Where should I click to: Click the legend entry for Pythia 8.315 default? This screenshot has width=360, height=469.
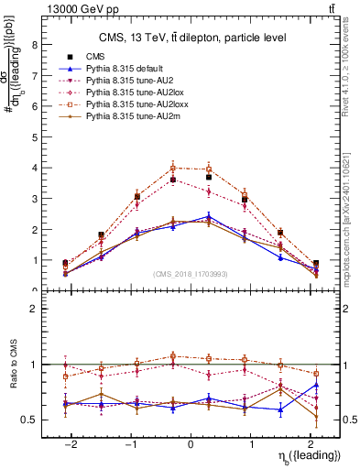point(128,70)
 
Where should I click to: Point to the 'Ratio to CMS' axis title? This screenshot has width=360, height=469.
point(12,366)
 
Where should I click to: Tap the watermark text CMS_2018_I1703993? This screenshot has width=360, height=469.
point(190,273)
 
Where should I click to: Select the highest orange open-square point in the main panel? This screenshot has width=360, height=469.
point(174,168)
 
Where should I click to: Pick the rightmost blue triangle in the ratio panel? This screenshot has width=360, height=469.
point(316,385)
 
